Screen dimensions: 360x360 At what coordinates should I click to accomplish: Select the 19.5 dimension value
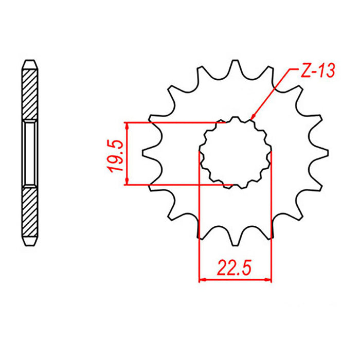pos(115,153)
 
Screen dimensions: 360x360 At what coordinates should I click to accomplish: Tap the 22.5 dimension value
pos(235,268)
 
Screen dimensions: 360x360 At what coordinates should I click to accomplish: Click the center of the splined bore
pos(235,153)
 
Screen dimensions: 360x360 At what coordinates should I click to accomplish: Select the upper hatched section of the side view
pos(30,96)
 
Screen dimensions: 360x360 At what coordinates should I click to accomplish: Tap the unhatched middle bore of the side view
pos(30,153)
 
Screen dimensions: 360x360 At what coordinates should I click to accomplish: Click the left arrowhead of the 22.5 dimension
pos(202,280)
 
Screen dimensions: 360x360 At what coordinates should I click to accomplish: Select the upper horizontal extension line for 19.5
pos(175,122)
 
